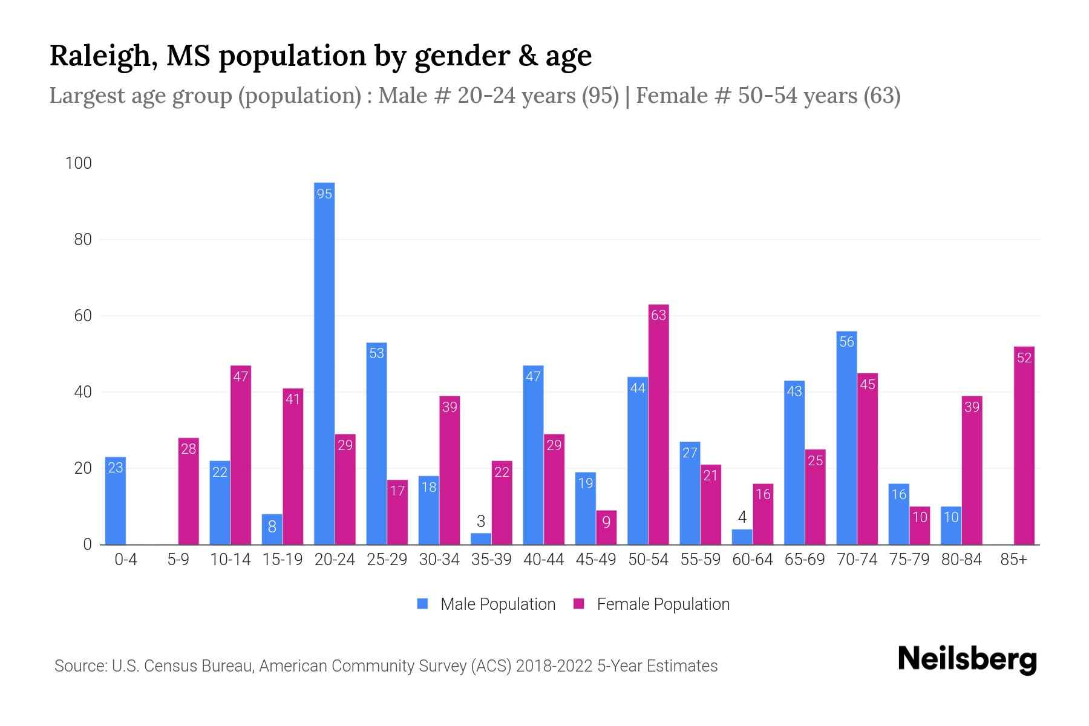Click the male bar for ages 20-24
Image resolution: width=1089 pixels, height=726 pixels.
coord(324,363)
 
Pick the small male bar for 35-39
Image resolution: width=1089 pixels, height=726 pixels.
coord(481,538)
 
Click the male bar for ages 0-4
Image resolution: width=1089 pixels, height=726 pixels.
coord(116,501)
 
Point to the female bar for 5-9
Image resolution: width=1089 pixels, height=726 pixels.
coord(189,491)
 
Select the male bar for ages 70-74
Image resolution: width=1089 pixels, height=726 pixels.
coord(846,438)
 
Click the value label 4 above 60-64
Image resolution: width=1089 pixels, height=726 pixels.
coord(742,517)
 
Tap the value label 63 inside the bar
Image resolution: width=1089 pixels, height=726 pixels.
coord(658,315)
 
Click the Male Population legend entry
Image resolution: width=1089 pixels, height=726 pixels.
coord(486,604)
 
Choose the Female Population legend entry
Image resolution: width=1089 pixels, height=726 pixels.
coord(652,604)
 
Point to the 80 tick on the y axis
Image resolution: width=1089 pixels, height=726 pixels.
coord(83,240)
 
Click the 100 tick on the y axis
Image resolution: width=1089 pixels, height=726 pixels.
coord(79,163)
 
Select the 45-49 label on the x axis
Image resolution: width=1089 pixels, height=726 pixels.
coord(596,560)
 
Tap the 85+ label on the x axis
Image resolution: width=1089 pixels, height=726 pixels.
coord(1013,560)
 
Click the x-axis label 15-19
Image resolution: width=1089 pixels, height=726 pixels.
coord(283,560)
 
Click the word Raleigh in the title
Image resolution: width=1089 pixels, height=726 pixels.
coord(99,56)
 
